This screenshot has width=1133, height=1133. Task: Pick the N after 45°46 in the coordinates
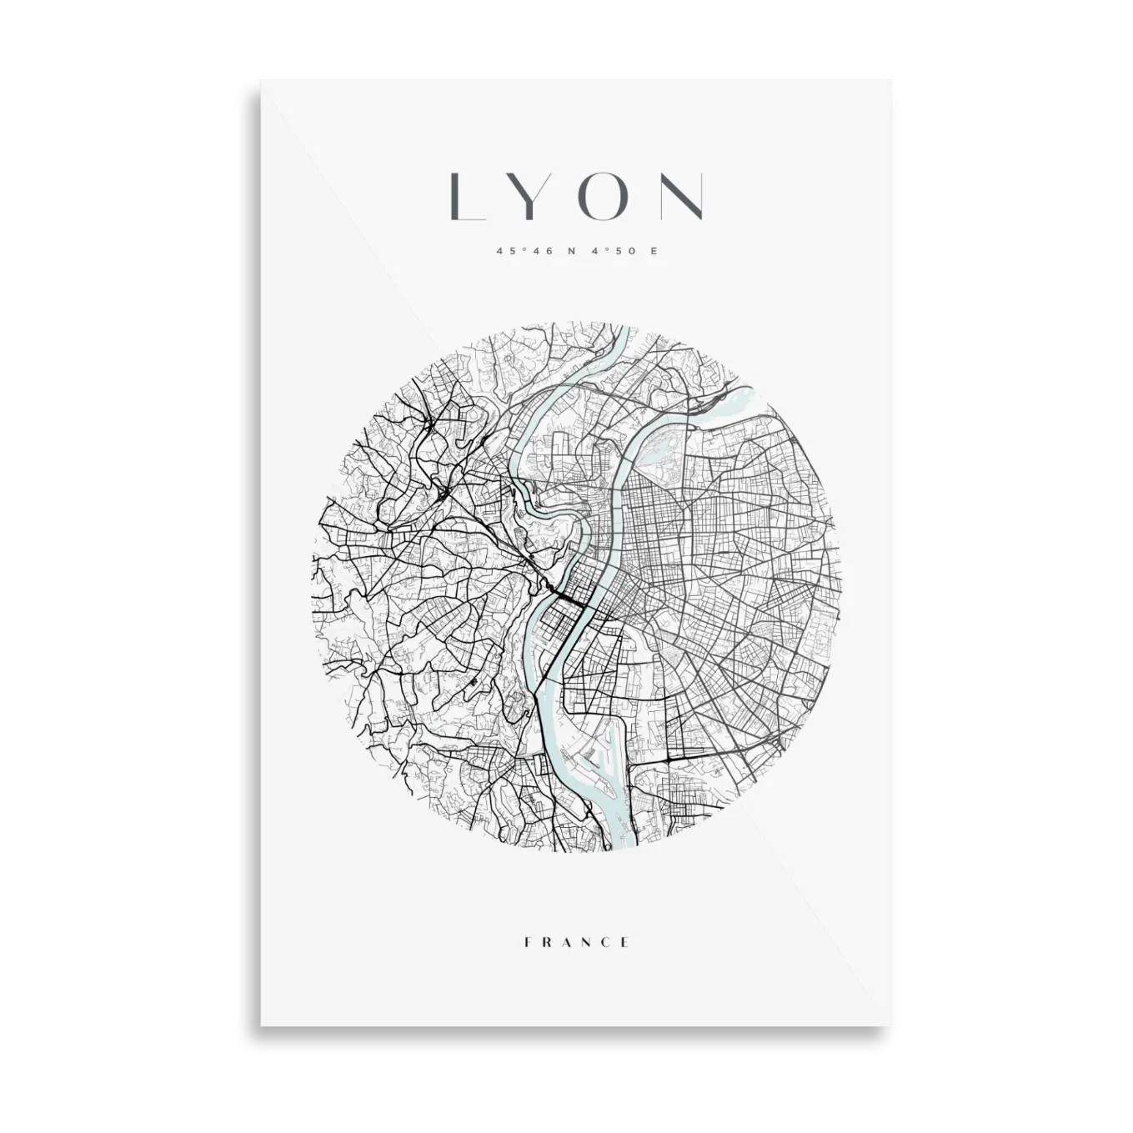point(571,250)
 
